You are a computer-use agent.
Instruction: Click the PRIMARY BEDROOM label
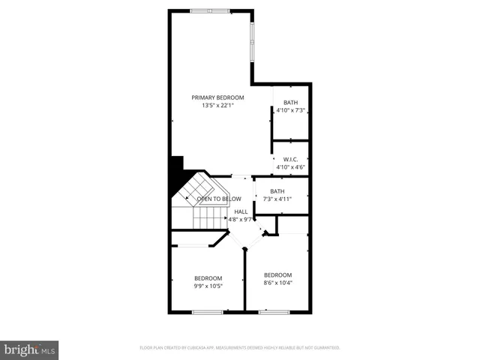(x=217, y=97)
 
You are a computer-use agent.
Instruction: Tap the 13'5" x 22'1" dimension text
(x=217, y=106)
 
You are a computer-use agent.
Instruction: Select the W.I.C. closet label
(x=291, y=159)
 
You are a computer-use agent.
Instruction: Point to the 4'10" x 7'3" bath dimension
(x=291, y=110)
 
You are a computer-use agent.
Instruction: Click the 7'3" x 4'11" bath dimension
(x=277, y=199)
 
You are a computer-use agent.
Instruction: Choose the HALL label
(x=241, y=211)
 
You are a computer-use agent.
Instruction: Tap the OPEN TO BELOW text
(x=219, y=199)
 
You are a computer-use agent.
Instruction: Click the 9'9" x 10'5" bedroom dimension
(x=208, y=286)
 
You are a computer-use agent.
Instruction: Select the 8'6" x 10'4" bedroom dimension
(x=277, y=283)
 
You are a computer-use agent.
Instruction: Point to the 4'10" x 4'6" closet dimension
(x=291, y=167)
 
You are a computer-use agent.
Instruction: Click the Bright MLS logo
(x=29, y=349)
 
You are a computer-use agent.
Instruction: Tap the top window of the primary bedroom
(x=210, y=10)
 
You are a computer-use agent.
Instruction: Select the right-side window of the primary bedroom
(x=253, y=41)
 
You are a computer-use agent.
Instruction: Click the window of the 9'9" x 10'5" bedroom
(x=207, y=311)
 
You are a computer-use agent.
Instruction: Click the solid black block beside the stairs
(x=177, y=175)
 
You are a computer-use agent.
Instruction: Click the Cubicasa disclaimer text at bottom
(x=240, y=348)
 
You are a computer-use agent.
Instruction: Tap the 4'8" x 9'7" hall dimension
(x=241, y=220)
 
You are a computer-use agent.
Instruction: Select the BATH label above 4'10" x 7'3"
(x=291, y=102)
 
